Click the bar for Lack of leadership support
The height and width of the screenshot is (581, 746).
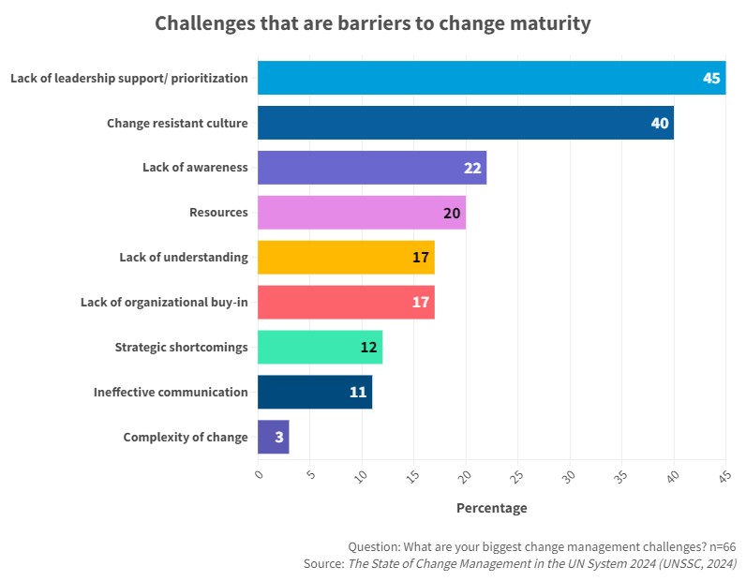point(487,78)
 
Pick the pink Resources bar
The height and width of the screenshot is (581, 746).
point(361,213)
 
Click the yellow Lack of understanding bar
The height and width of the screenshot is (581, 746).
point(345,258)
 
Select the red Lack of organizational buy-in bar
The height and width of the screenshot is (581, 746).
point(345,303)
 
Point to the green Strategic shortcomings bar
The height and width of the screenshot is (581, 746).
point(319,347)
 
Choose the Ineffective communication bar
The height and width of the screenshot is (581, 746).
point(314,392)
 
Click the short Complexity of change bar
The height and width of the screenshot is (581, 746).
point(273,437)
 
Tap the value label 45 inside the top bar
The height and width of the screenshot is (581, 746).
point(711,78)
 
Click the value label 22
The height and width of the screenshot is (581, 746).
point(472,168)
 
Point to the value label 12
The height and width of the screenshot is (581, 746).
point(368,347)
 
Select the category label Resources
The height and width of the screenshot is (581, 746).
point(218,213)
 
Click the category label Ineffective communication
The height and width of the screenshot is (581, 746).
point(171,392)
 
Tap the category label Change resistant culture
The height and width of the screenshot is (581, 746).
point(177,123)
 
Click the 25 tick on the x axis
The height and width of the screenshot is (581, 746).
point(516,477)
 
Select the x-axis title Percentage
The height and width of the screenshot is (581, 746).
point(491,508)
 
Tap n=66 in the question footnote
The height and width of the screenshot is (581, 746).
point(718,546)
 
